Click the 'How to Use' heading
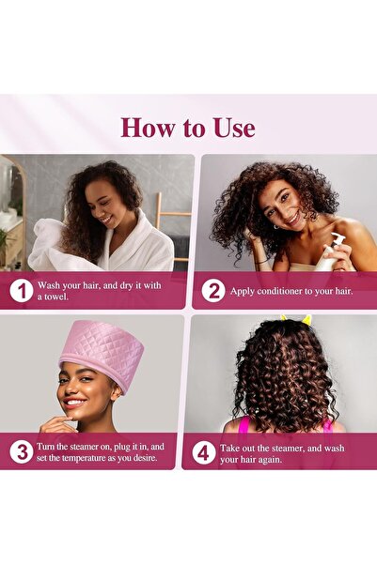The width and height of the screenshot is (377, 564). coord(188,127)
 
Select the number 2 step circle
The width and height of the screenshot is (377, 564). coord(213,291)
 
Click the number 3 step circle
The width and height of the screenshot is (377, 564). coord(21,451)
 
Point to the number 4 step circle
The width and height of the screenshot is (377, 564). coord(202,451)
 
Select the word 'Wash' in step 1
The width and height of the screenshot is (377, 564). coord(48,284)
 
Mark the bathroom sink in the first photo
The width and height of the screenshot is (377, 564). coord(8,220)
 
